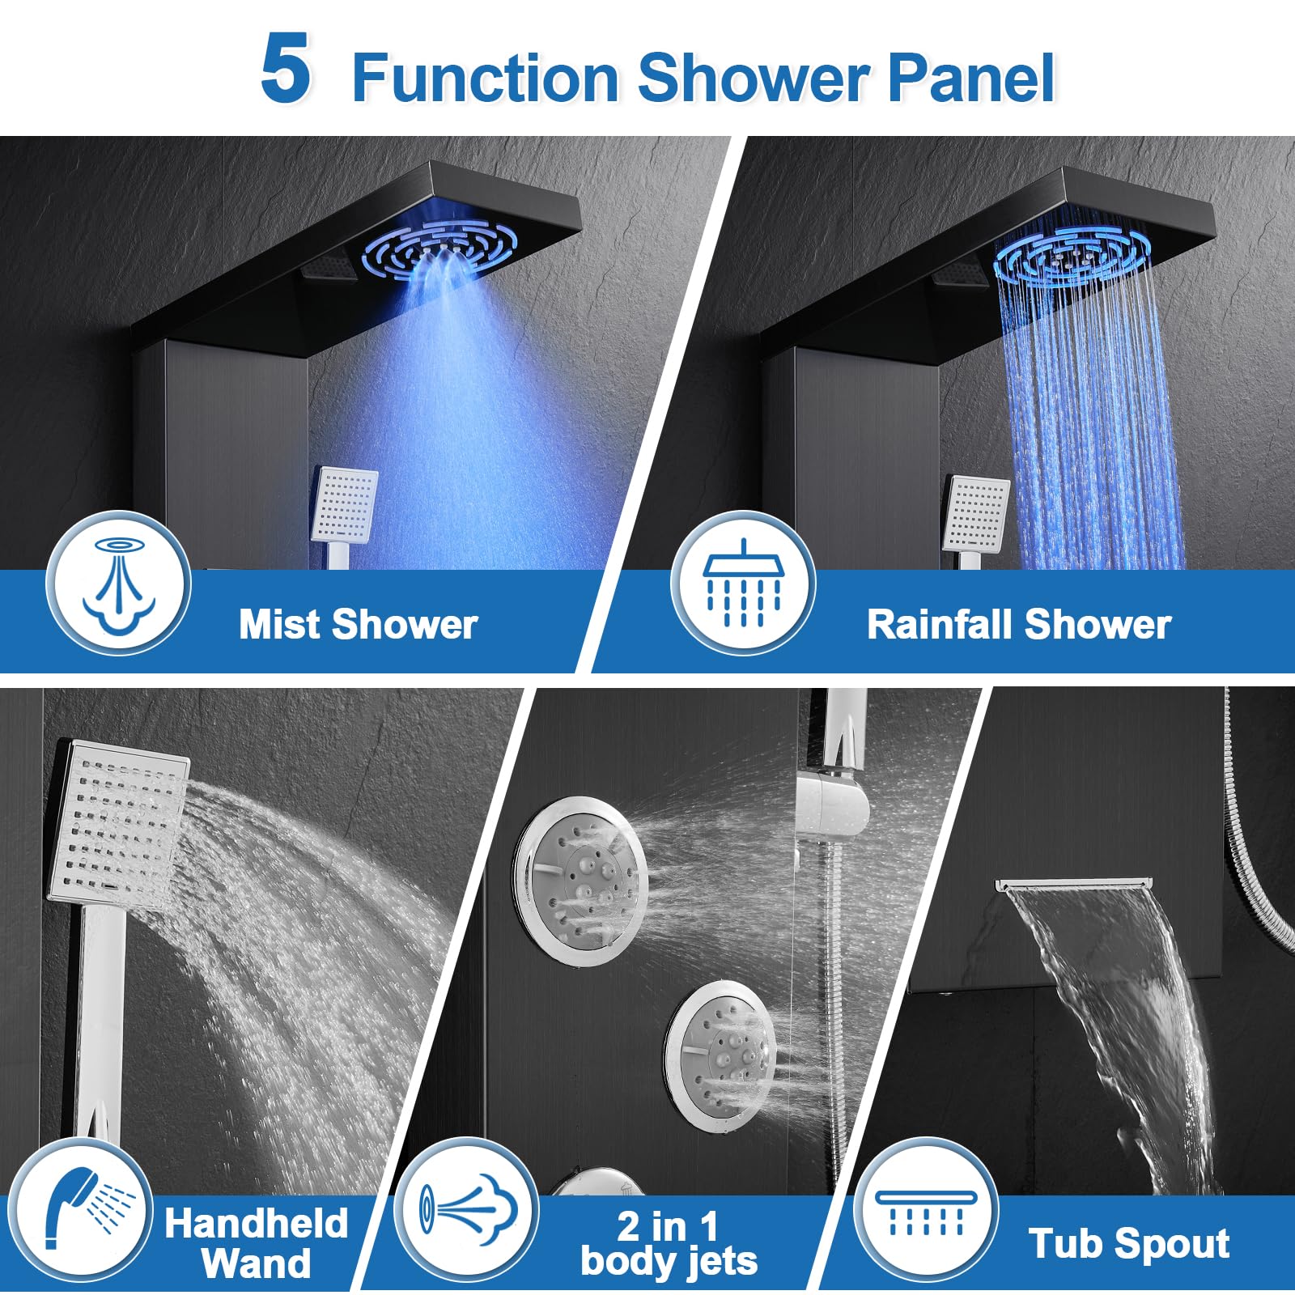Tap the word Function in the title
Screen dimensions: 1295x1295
(486, 78)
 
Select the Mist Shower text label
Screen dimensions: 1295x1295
(358, 624)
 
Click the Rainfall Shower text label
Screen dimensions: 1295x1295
(1018, 624)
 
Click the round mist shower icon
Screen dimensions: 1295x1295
(118, 583)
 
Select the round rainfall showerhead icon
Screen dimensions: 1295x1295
(743, 583)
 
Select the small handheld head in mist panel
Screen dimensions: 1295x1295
(345, 505)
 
